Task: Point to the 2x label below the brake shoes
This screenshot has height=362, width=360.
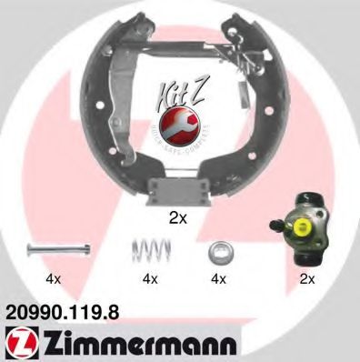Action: coord(179,219)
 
